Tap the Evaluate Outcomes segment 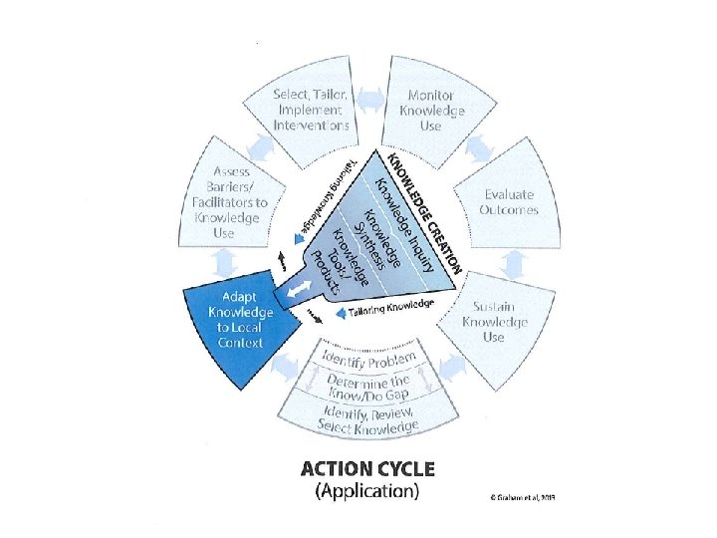pyautogui.click(x=509, y=202)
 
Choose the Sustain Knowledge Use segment pyautogui.click(x=495, y=322)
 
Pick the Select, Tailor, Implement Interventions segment pyautogui.click(x=312, y=110)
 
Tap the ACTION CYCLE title pyautogui.click(x=367, y=468)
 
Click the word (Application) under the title pyautogui.click(x=366, y=491)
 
